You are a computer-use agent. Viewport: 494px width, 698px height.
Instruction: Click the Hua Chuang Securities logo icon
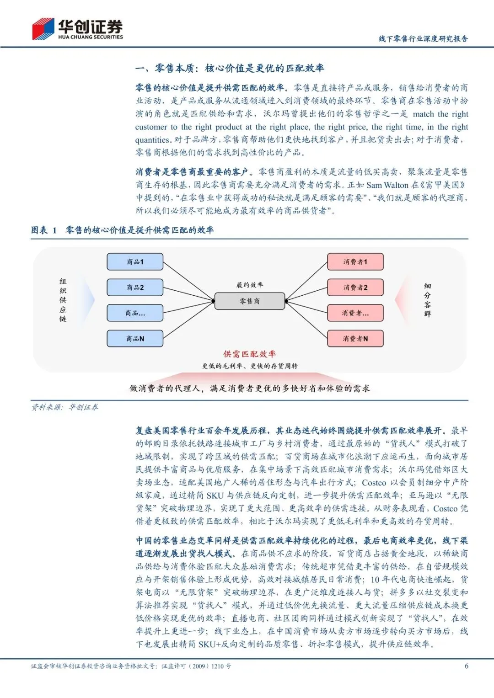coord(43,28)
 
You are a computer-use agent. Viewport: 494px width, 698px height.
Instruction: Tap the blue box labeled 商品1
coord(135,262)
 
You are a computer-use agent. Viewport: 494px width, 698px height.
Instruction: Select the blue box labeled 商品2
coord(135,288)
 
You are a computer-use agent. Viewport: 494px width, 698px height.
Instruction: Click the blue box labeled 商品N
coord(135,339)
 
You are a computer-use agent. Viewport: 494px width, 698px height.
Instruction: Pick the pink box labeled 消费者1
coord(355,262)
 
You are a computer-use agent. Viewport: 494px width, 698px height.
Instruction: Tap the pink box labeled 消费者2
coord(355,288)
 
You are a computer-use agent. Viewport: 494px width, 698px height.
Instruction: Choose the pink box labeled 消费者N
coord(355,339)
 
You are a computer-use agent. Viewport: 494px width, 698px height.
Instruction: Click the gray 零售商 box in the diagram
coord(250,301)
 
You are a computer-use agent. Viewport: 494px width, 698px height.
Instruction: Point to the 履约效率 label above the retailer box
coord(250,285)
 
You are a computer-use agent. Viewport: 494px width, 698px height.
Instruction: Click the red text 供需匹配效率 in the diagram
coord(250,354)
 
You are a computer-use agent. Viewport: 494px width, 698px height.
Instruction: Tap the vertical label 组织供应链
coord(63,300)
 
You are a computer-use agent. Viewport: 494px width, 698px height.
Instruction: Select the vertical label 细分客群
coord(427,300)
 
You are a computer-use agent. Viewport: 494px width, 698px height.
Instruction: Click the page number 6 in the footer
coord(466,666)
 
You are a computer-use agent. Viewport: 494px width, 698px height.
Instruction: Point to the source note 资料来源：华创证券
coord(64,407)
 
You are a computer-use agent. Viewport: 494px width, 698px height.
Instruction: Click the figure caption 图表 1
coord(44,230)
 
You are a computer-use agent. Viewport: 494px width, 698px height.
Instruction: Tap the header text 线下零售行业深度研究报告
coord(423,39)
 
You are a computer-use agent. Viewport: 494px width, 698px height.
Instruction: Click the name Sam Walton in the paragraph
coord(387,185)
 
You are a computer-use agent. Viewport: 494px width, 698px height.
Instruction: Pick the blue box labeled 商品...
coord(135,313)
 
